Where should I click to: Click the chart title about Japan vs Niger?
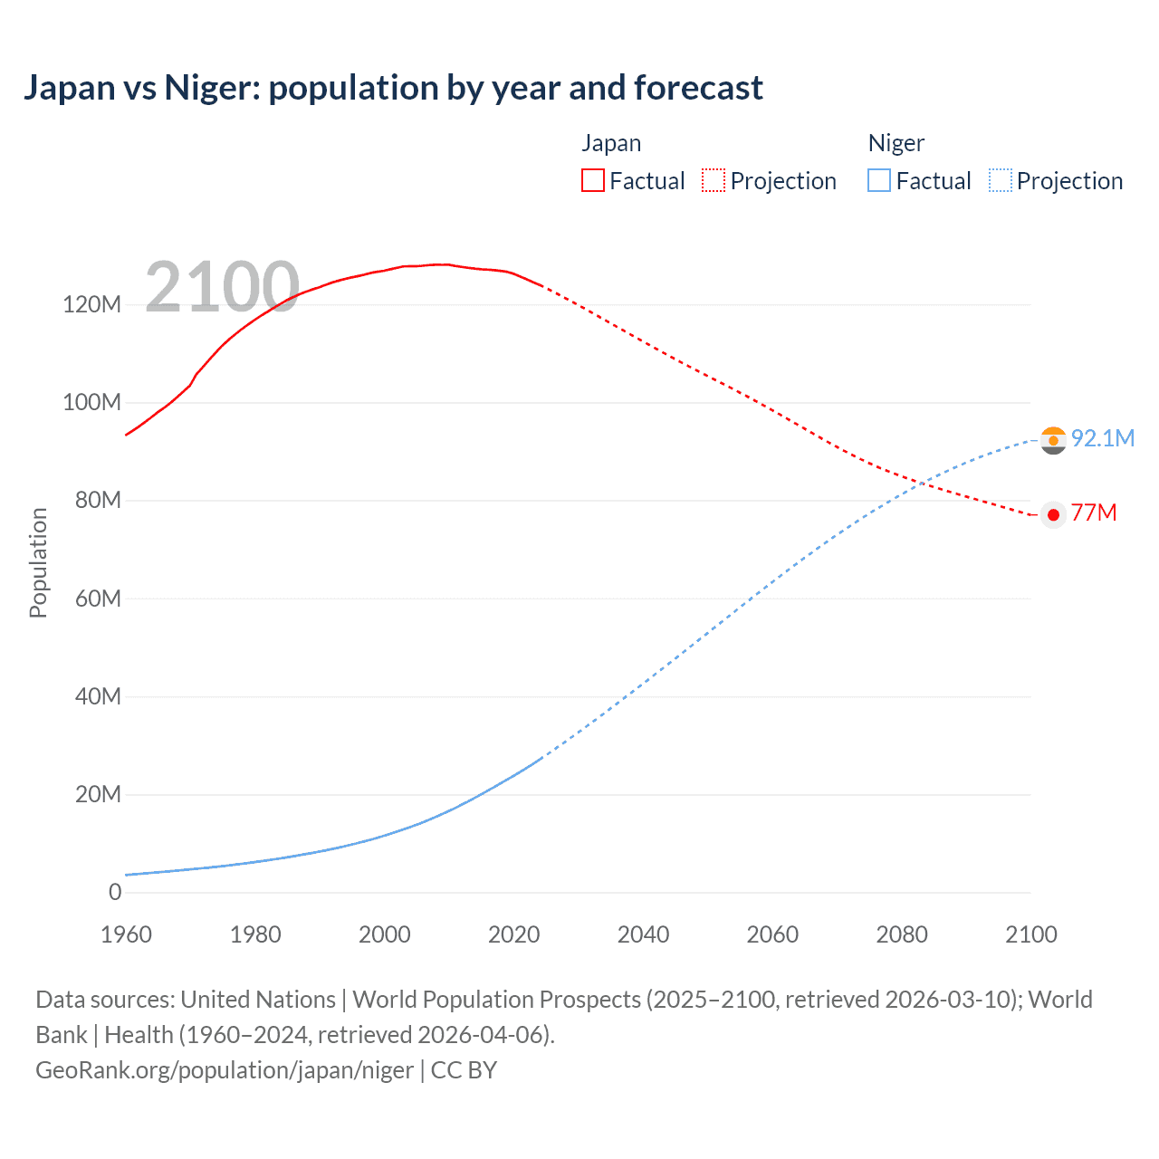[x=393, y=88]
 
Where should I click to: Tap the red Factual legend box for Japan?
[x=592, y=181]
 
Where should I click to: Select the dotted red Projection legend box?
[x=714, y=181]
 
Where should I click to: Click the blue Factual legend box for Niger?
[x=879, y=181]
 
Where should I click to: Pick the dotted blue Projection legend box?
[x=1001, y=181]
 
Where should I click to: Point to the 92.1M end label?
[x=1102, y=438]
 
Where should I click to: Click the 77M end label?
[x=1094, y=513]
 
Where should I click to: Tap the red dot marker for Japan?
[x=1053, y=515]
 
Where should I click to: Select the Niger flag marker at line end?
[x=1053, y=441]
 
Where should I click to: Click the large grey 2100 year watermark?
[x=222, y=287]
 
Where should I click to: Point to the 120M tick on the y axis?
[x=91, y=304]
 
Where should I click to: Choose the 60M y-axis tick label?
[x=97, y=599]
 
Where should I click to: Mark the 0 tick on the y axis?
[x=115, y=892]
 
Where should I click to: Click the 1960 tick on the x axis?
[x=126, y=934]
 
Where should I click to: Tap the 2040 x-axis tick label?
[x=643, y=934]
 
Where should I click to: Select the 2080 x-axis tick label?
[x=902, y=934]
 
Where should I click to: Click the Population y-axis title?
[x=38, y=562]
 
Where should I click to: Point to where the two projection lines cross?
[x=922, y=484]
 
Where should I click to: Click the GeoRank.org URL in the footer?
[x=225, y=1070]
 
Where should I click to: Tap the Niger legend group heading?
[x=896, y=143]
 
